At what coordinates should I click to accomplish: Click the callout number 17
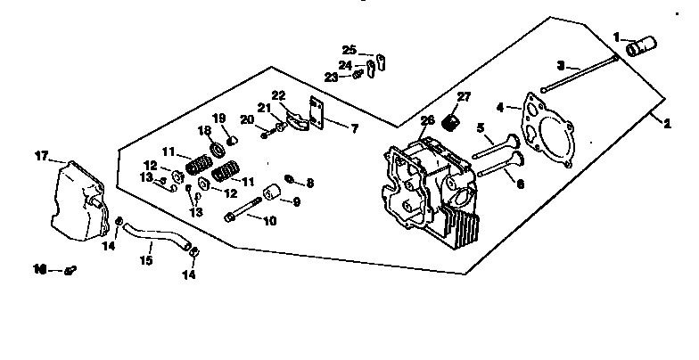tap(40, 156)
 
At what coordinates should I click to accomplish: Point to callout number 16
tap(39, 268)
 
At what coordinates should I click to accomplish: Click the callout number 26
tap(427, 121)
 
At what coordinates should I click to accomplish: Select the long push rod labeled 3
tap(580, 74)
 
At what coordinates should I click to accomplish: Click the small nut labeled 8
tap(290, 181)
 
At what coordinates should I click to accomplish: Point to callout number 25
tap(349, 49)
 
